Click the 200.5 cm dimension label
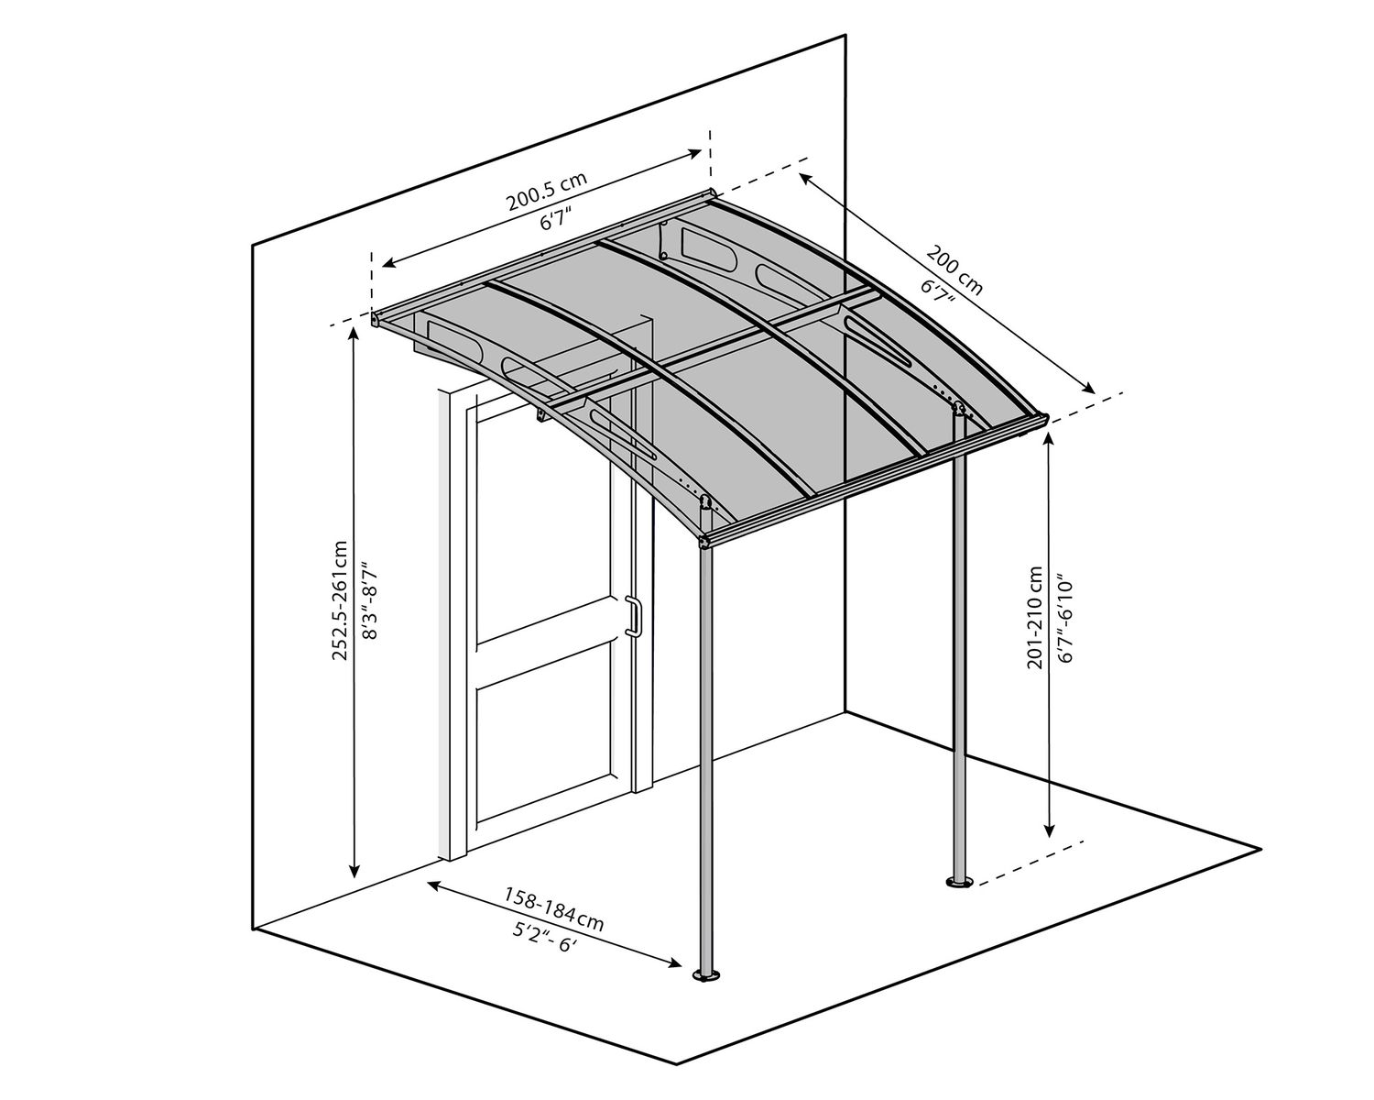click(547, 193)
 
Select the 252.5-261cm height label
click(340, 600)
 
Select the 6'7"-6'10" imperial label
click(1064, 620)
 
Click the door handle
click(632, 616)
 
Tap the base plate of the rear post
click(958, 883)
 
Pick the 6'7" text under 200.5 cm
click(555, 221)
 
